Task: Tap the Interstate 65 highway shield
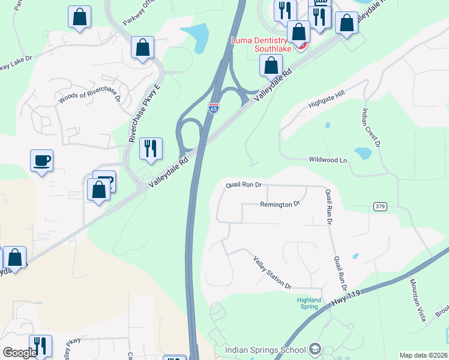pyautogui.click(x=214, y=108)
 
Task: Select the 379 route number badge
pyautogui.click(x=379, y=206)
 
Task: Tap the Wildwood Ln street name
pyautogui.click(x=328, y=160)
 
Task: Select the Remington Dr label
pyautogui.click(x=280, y=205)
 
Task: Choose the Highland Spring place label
pyautogui.click(x=309, y=303)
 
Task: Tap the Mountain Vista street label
pyautogui.click(x=418, y=299)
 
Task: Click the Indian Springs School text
pyautogui.click(x=265, y=350)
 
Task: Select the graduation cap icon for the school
pyautogui.click(x=315, y=350)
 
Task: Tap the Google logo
pyautogui.click(x=19, y=353)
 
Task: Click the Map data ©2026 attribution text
pyautogui.click(x=423, y=355)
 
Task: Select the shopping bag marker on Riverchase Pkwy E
pyautogui.click(x=143, y=48)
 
